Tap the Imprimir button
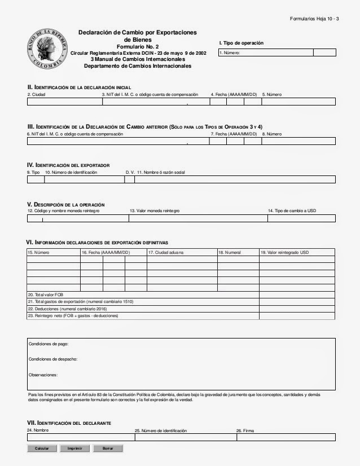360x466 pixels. coord(74,449)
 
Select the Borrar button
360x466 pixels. coord(108,449)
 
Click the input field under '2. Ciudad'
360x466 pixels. coord(64,102)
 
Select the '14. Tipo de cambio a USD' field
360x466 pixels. coord(301,218)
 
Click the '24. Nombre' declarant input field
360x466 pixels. coord(80,437)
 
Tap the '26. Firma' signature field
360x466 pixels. coord(286,437)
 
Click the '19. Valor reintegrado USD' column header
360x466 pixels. coord(285,252)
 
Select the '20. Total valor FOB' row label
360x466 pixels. coord(47,294)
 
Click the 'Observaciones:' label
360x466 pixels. coord(43,374)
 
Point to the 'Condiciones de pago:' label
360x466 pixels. coord(49,344)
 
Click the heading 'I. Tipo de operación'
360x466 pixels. coord(241,43)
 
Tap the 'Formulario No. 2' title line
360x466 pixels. coord(137,47)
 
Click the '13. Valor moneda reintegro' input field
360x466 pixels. coord(197,218)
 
